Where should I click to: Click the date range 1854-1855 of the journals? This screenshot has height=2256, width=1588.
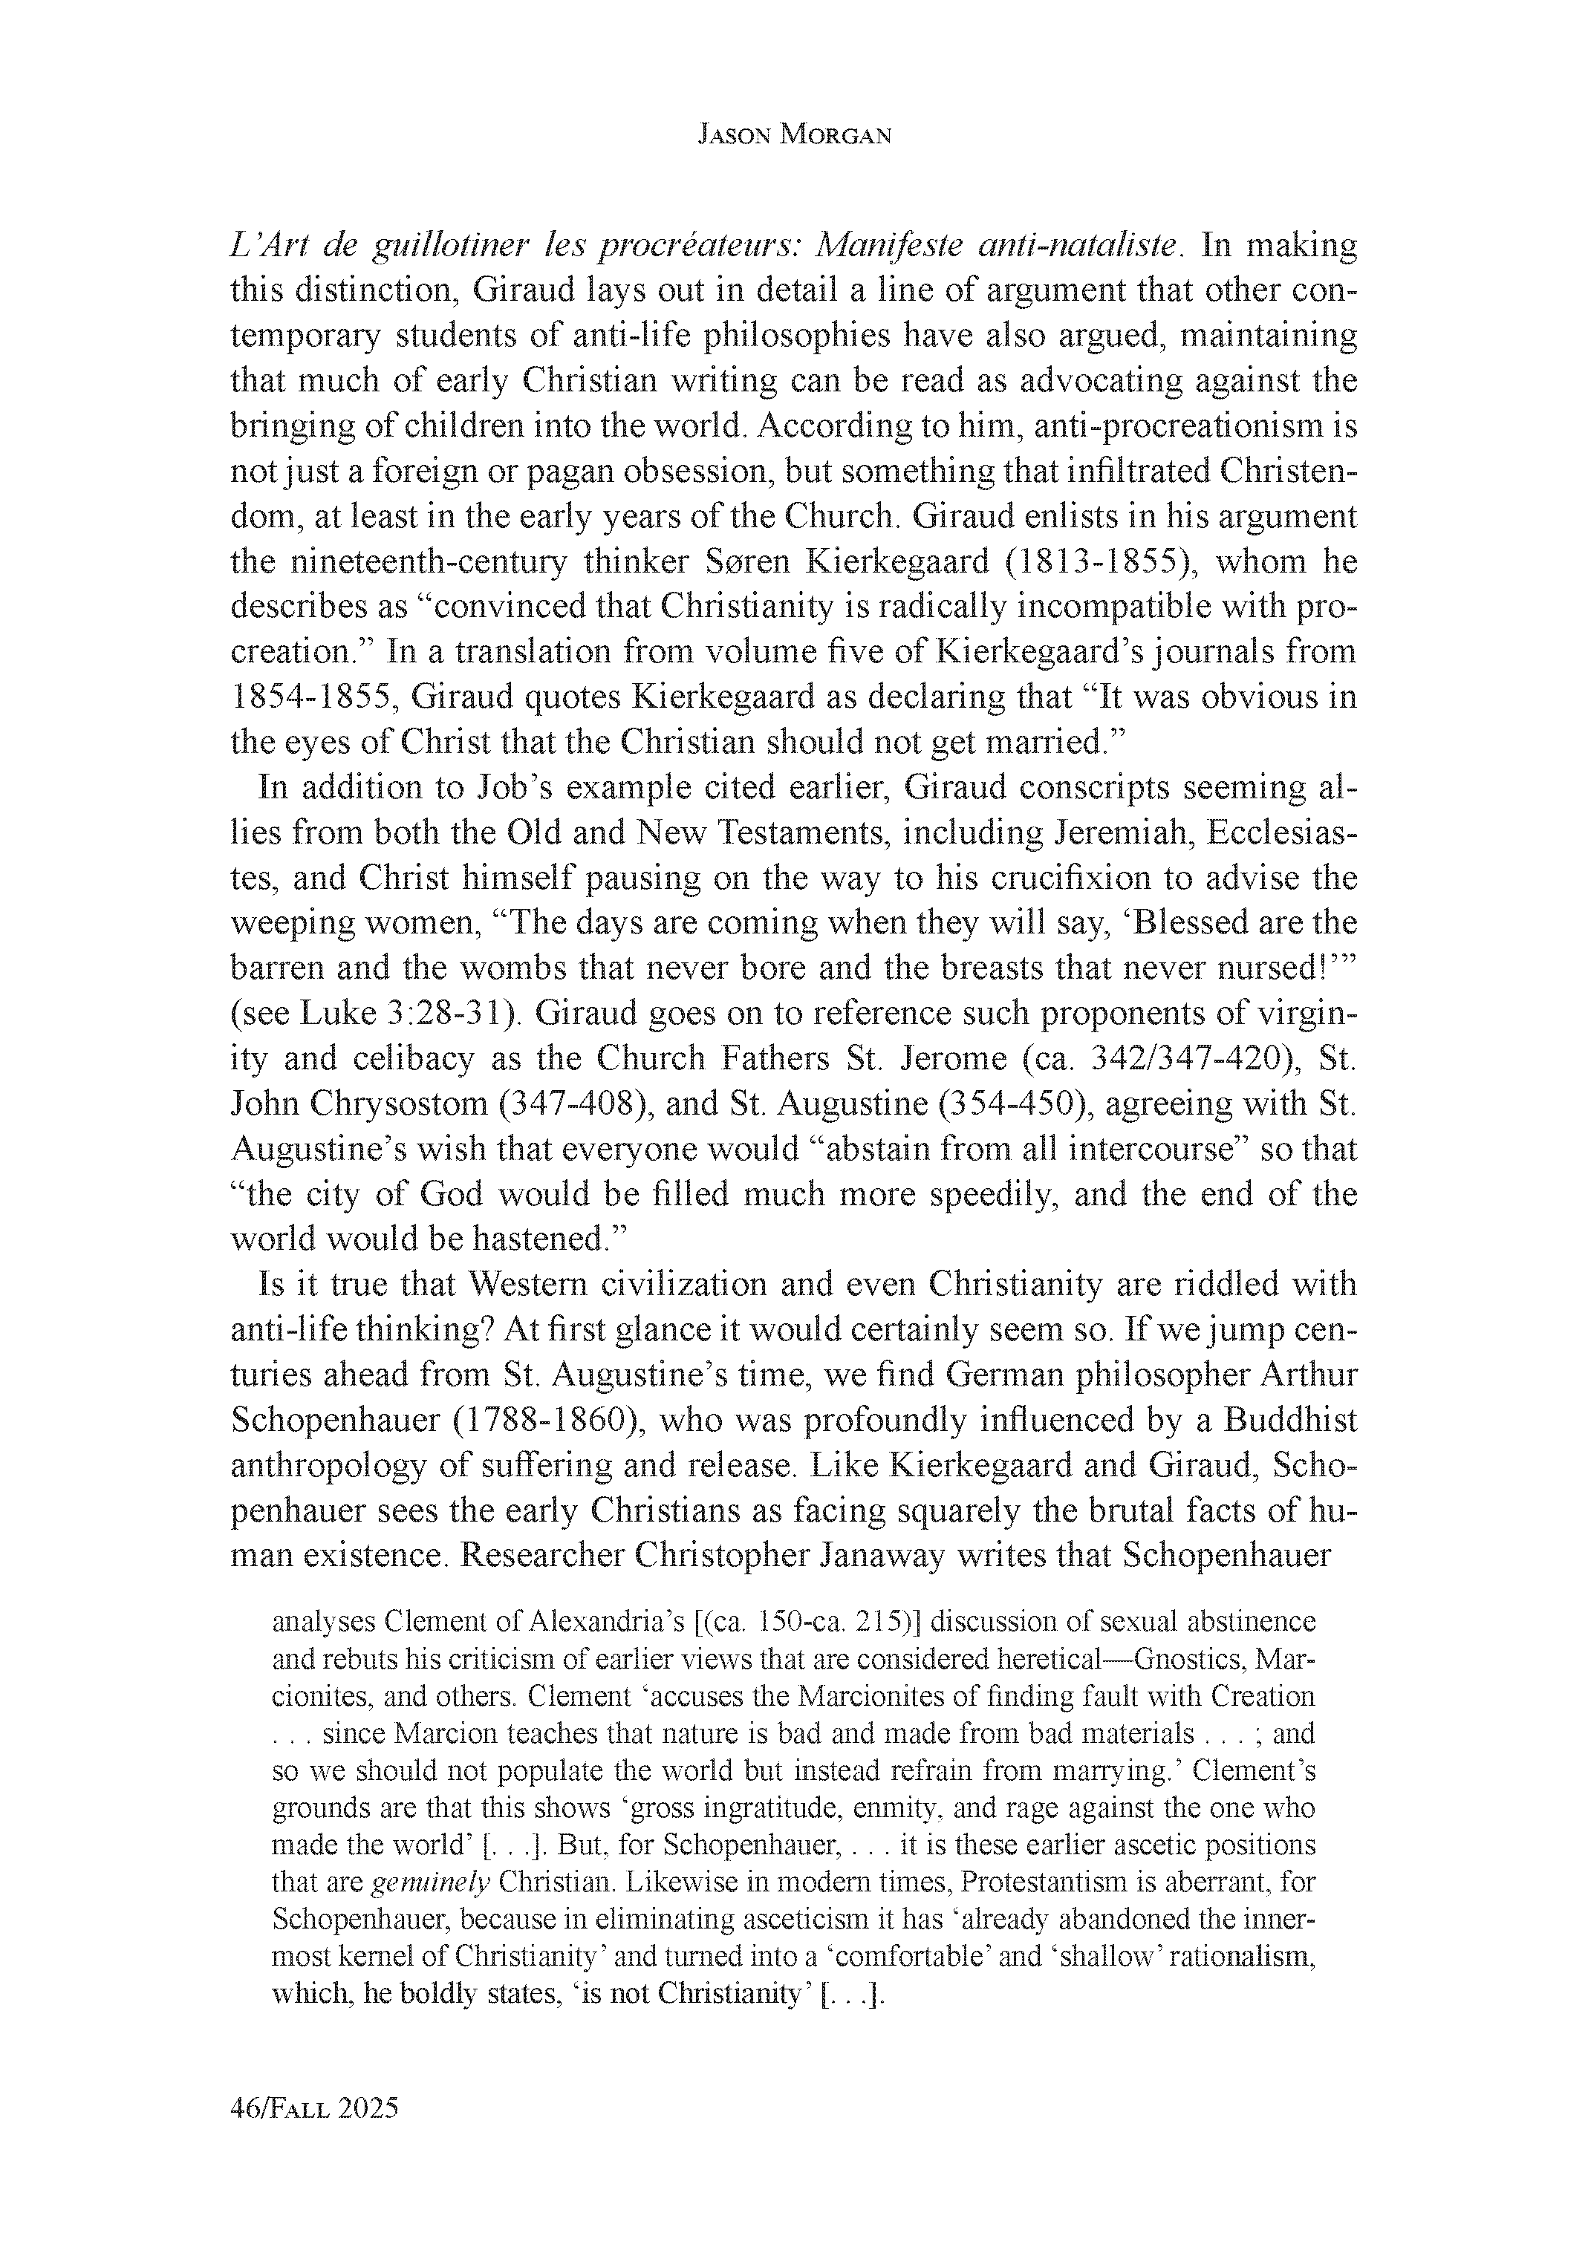click(x=310, y=697)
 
